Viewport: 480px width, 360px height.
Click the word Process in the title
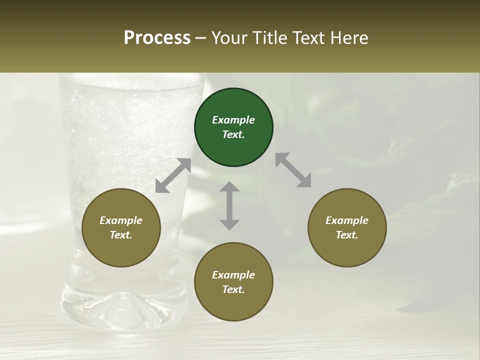[157, 38]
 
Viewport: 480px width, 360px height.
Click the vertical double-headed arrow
[229, 205]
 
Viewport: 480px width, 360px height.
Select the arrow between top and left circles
[173, 175]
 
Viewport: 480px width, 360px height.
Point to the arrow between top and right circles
[293, 170]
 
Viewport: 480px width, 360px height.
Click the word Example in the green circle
[233, 120]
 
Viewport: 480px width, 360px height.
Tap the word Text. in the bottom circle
[233, 289]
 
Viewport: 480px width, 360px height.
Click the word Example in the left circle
[121, 220]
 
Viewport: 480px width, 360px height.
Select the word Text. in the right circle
[347, 235]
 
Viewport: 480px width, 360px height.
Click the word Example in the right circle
[347, 220]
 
